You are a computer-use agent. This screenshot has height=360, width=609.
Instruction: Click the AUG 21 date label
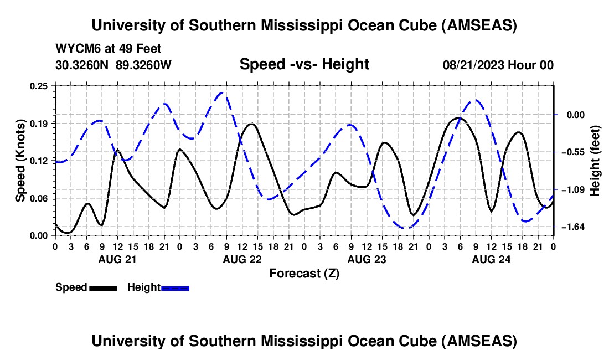point(117,259)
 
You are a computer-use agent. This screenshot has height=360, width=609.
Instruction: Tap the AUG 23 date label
point(366,259)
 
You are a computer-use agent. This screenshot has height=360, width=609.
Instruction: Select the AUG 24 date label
point(491,259)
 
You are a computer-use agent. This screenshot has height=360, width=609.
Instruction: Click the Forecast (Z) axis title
point(304,273)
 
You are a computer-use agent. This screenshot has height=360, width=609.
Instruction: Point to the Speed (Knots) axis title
point(20,160)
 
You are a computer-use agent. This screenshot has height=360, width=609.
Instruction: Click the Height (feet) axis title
point(595,160)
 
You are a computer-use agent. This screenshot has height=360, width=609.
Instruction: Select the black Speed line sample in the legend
point(103,288)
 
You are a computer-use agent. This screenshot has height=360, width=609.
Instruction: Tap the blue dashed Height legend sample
point(176,288)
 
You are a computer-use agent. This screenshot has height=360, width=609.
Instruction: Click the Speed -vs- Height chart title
point(304,64)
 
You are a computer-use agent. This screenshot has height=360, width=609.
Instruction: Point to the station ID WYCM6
point(75,49)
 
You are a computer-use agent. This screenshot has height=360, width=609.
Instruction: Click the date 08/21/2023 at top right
point(474,65)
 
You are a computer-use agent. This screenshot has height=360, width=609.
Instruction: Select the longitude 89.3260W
point(144,65)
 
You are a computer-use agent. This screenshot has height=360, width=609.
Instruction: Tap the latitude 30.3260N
point(83,65)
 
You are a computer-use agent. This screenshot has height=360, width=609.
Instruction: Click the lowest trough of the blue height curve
point(407,228)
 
